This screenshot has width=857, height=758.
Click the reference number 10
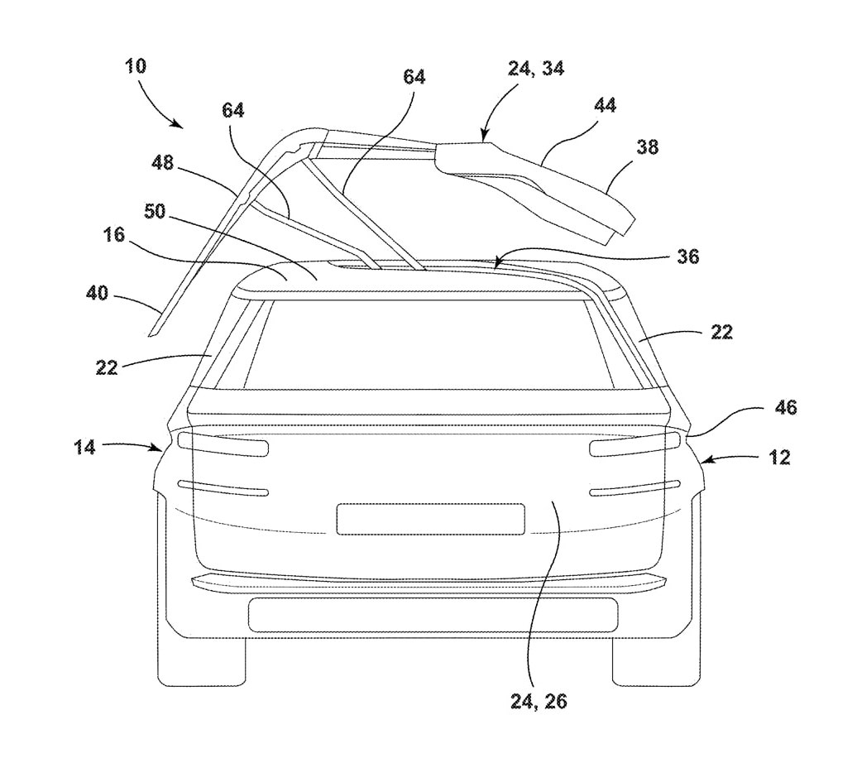(x=136, y=66)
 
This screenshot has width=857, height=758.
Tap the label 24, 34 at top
(x=536, y=69)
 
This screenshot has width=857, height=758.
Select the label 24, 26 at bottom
(x=539, y=701)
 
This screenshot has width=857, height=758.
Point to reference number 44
(x=605, y=106)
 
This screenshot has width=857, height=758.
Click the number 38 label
(x=647, y=147)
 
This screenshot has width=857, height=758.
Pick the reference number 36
(x=687, y=257)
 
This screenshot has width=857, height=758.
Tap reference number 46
(x=785, y=407)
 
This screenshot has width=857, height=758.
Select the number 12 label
(x=779, y=458)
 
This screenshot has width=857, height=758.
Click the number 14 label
(x=84, y=448)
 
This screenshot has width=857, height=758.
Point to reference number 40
(x=98, y=294)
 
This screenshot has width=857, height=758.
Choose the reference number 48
(x=162, y=162)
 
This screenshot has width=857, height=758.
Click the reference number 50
(x=155, y=211)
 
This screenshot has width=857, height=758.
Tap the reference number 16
(x=114, y=235)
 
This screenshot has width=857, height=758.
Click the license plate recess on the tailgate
(x=431, y=519)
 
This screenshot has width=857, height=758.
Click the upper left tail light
(x=223, y=444)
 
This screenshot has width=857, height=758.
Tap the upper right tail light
(x=634, y=444)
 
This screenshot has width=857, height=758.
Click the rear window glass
(x=430, y=344)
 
